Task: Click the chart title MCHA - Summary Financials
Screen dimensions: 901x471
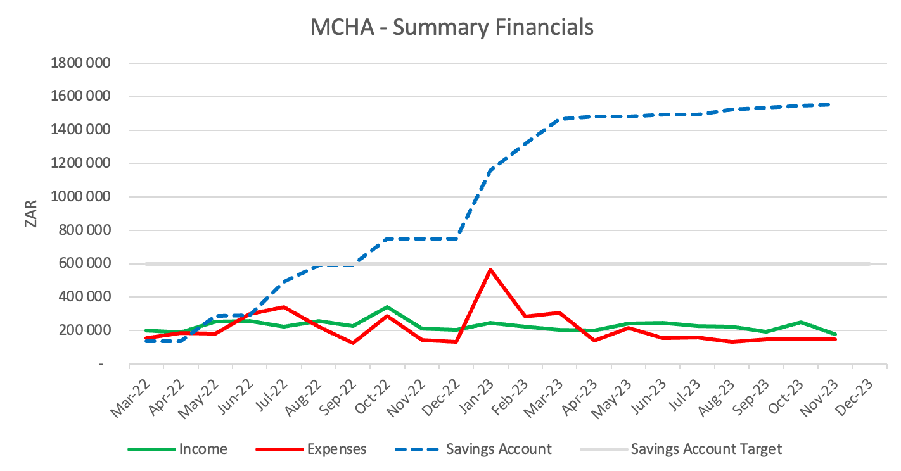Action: coord(452,27)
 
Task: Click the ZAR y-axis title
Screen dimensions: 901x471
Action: coord(31,214)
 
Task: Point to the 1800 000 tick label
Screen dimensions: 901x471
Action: coord(80,63)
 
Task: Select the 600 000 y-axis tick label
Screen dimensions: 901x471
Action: coord(84,263)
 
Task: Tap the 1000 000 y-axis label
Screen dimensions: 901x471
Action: coord(80,196)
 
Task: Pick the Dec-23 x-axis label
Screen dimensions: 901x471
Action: coord(854,397)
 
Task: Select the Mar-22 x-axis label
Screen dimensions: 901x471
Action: coord(131,398)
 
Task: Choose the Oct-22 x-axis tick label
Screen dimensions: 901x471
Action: coord(373,396)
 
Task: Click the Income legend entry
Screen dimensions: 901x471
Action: coord(177,449)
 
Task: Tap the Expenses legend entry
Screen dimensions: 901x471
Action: coord(311,449)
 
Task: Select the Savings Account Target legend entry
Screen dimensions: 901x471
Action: coord(681,449)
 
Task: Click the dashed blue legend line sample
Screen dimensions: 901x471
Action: coord(417,449)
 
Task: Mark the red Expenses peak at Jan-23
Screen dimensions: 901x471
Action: coord(490,269)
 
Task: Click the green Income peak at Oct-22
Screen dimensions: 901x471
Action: coord(387,308)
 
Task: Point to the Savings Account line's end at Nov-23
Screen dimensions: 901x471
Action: coord(829,105)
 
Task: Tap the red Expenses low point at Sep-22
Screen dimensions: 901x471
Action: coord(353,343)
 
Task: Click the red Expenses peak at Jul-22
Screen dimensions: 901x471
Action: coord(284,308)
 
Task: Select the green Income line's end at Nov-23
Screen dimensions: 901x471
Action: coord(836,334)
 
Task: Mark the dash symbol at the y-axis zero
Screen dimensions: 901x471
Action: coord(101,364)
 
